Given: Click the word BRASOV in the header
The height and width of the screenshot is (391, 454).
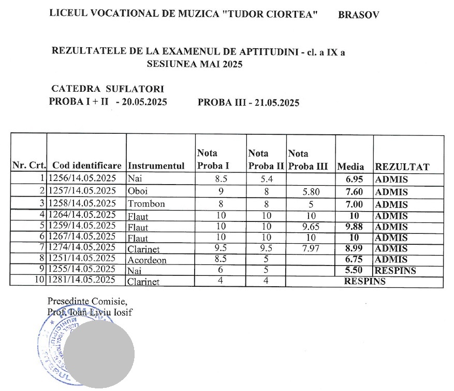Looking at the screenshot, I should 358,15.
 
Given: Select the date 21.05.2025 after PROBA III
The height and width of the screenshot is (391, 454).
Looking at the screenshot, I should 274,103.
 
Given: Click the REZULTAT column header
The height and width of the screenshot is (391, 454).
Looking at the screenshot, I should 402,167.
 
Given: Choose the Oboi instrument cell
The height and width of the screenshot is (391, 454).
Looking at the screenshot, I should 137,191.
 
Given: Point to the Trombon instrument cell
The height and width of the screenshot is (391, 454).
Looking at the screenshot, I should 146,204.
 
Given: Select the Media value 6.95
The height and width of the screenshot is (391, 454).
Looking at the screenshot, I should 355,180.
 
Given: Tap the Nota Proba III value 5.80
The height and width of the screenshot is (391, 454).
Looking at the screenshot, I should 311,192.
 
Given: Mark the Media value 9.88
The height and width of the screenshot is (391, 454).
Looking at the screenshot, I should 355,227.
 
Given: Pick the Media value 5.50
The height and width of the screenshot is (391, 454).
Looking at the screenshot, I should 355,271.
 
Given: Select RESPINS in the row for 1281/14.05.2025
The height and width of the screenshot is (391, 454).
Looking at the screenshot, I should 365,282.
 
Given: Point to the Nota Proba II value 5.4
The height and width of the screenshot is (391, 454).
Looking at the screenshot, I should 266,179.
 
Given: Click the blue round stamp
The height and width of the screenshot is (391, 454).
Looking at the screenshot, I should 57,347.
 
